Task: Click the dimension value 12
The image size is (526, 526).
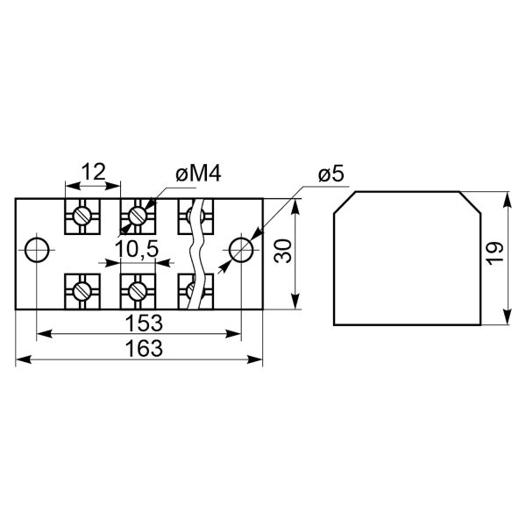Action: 95,172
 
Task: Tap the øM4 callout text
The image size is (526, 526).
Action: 199,174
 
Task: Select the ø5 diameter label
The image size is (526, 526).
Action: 331,174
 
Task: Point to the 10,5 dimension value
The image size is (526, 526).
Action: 136,250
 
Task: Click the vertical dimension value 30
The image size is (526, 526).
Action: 283,251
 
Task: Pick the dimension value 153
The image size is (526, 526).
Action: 144,323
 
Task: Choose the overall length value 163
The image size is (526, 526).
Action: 144,348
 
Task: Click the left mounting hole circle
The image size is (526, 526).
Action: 37,250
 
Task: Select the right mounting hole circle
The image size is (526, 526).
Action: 241,250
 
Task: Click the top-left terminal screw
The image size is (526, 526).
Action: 82,216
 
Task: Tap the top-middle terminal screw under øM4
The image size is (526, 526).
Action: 138,216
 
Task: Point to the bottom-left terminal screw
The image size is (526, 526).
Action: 82,291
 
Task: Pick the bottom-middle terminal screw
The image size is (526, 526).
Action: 138,291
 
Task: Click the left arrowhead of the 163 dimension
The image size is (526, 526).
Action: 24,359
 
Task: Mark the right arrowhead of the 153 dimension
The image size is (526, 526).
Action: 233,334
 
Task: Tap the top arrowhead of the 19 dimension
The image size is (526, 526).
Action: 508,200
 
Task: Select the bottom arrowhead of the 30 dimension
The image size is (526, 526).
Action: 295,301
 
